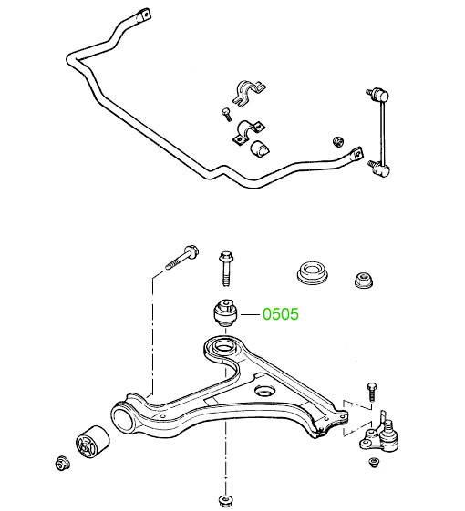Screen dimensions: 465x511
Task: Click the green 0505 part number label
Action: pyautogui.click(x=281, y=314)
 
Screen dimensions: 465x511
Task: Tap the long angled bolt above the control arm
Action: pyautogui.click(x=182, y=257)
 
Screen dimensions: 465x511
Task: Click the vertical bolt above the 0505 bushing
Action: pyautogui.click(x=226, y=268)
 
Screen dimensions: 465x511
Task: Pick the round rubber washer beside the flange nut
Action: pyautogui.click(x=313, y=273)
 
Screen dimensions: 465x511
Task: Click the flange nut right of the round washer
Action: pyautogui.click(x=364, y=280)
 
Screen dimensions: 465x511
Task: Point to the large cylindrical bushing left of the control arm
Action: pyautogui.click(x=93, y=441)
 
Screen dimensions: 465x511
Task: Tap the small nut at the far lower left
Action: pyautogui.click(x=62, y=463)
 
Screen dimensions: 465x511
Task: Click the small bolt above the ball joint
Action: pyautogui.click(x=372, y=392)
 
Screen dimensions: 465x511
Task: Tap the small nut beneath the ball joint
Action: pyautogui.click(x=374, y=462)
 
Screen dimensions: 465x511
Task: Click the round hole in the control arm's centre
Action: pyautogui.click(x=264, y=391)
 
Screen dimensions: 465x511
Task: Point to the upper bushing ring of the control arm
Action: pyautogui.click(x=223, y=346)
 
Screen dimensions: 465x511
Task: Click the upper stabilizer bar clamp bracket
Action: pyautogui.click(x=250, y=92)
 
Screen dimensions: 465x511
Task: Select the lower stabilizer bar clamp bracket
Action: pyautogui.click(x=249, y=131)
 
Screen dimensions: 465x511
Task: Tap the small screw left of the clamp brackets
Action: pyautogui.click(x=226, y=115)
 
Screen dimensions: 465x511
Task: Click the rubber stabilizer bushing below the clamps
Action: pyautogui.click(x=261, y=149)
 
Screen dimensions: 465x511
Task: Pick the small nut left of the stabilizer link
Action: pyautogui.click(x=338, y=141)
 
